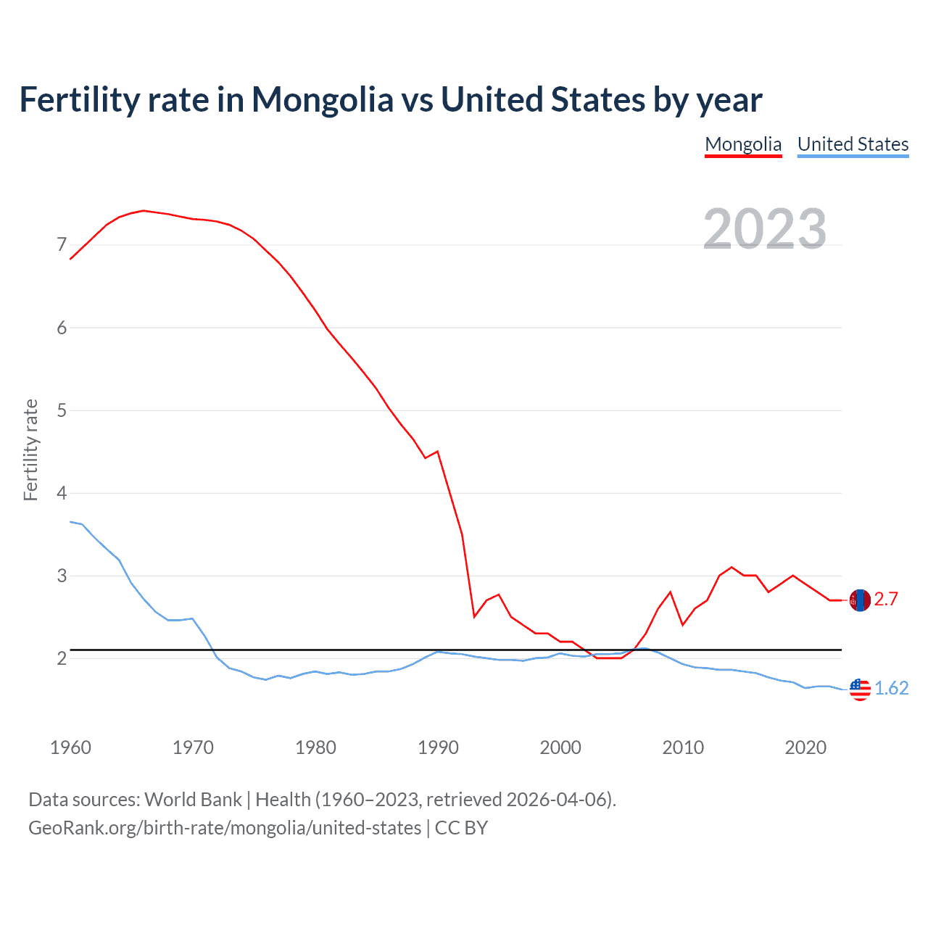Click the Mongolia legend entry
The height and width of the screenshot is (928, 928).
(x=743, y=144)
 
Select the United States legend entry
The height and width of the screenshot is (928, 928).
(x=853, y=144)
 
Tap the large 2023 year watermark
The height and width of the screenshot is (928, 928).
(x=765, y=229)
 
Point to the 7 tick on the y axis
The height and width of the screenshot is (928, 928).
(x=62, y=245)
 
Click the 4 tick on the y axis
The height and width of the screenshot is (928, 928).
(x=62, y=494)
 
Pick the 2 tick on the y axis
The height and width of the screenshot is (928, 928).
(x=62, y=659)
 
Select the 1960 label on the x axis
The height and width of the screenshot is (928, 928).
(x=70, y=747)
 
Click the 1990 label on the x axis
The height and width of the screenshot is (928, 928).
(x=438, y=747)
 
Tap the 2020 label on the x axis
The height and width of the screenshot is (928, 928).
(x=805, y=747)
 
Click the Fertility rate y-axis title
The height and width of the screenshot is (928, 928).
(x=30, y=449)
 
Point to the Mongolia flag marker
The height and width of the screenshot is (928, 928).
(x=860, y=600)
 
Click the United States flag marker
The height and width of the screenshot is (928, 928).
(x=860, y=689)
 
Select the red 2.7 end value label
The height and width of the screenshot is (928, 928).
(x=886, y=600)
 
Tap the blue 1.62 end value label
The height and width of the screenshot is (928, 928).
(x=891, y=689)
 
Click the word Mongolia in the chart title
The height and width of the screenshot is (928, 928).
(x=322, y=100)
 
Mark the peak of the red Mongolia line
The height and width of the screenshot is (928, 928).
(x=144, y=210)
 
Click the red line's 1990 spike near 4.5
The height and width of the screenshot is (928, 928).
(x=437, y=452)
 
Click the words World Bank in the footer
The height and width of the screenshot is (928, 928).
(x=193, y=800)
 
